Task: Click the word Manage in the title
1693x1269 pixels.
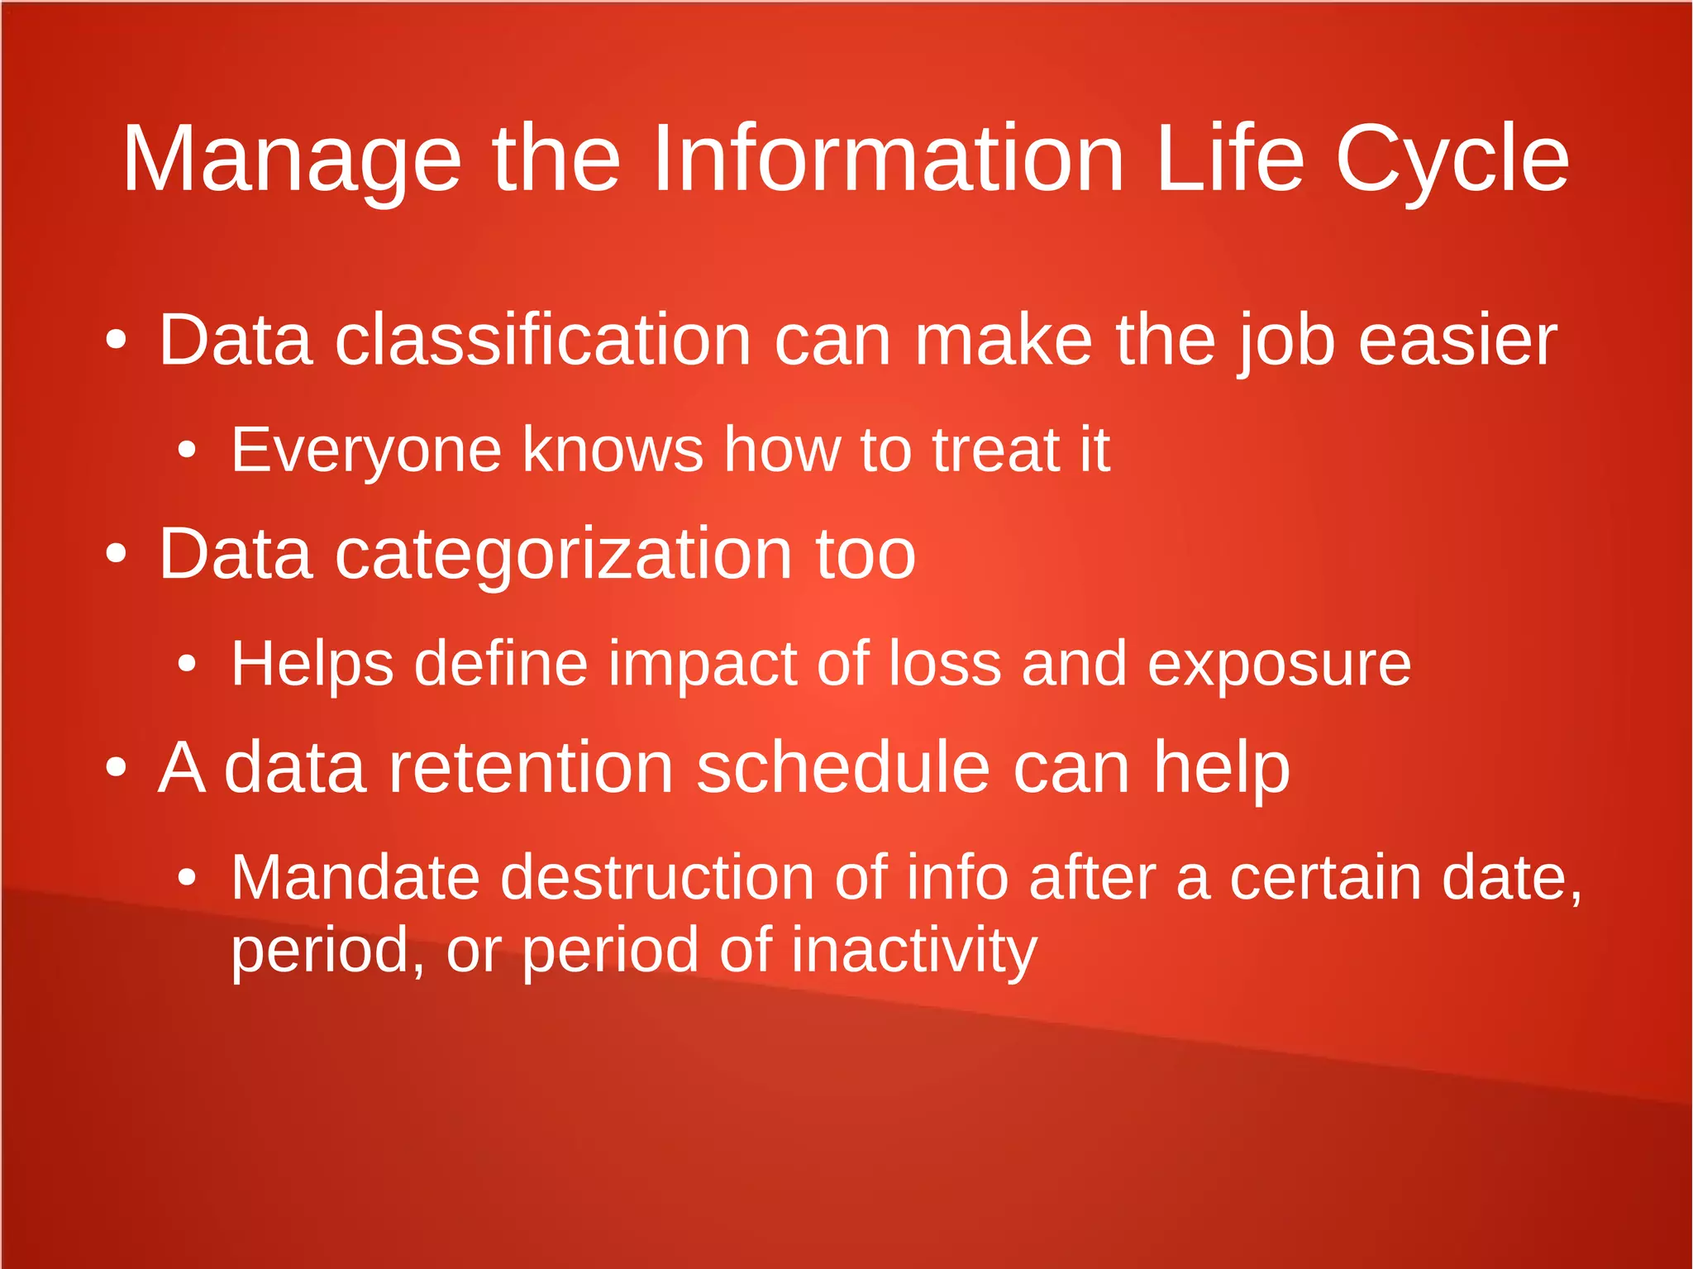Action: (x=291, y=159)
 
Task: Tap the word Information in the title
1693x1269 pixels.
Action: (x=888, y=159)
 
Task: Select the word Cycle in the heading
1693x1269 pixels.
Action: (x=1452, y=159)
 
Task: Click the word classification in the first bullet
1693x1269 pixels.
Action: (x=543, y=340)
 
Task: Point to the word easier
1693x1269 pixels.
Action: (x=1457, y=340)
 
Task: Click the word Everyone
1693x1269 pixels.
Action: (x=366, y=451)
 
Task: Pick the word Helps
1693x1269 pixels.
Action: (x=312, y=664)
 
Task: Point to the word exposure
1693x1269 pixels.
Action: (x=1279, y=664)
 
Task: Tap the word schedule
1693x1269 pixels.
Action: (x=843, y=768)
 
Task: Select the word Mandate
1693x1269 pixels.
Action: (x=355, y=877)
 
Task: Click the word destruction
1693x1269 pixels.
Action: (x=657, y=877)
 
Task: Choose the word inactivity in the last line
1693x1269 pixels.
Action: (x=914, y=950)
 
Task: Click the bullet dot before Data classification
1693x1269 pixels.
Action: (x=117, y=340)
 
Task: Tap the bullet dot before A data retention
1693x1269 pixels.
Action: (x=117, y=768)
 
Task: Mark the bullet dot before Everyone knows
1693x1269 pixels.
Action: (x=188, y=451)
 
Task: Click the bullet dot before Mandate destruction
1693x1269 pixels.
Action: (x=188, y=877)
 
